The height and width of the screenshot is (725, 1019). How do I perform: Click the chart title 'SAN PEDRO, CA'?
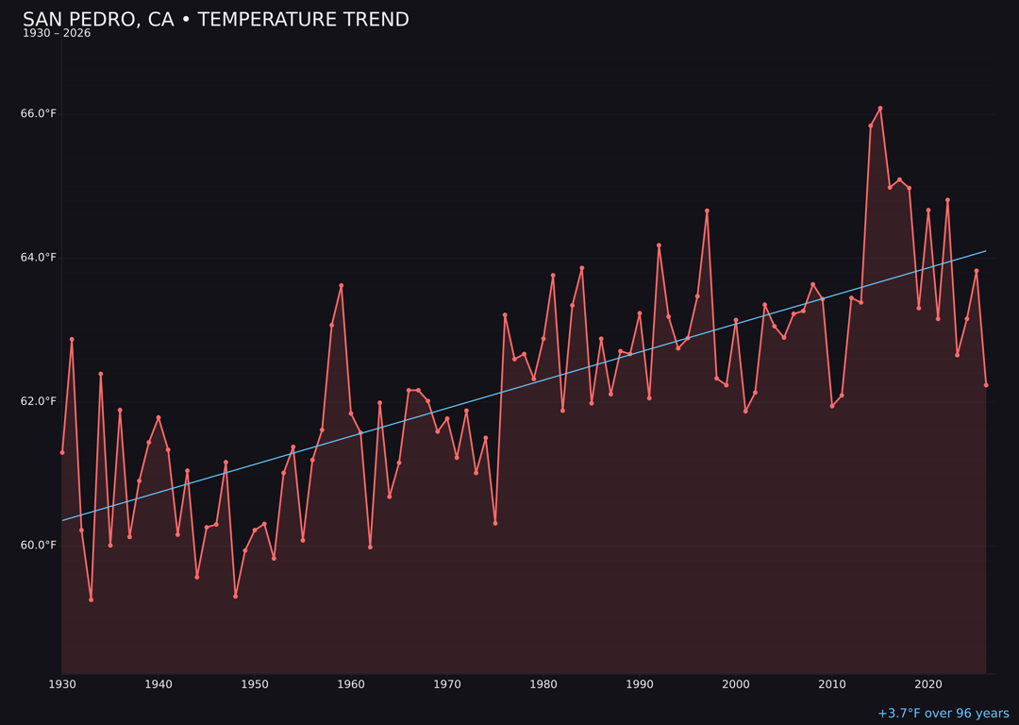tap(215, 20)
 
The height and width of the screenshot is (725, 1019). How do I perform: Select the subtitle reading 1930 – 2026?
tap(57, 34)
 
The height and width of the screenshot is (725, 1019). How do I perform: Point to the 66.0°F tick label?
tap(39, 114)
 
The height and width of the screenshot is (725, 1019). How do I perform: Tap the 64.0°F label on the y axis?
tap(39, 258)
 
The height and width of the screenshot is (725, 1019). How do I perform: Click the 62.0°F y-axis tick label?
tap(39, 401)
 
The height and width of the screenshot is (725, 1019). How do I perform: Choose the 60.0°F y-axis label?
tap(39, 546)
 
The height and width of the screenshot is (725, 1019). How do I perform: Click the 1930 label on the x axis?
tap(62, 684)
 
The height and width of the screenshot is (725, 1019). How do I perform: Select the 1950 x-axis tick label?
tap(255, 684)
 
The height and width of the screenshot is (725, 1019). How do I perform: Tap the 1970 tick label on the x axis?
tap(447, 684)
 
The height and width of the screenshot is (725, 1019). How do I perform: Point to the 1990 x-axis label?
tap(640, 684)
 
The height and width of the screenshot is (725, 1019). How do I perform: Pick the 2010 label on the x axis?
tap(832, 684)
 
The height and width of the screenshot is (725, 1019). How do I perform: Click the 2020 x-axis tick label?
tap(928, 684)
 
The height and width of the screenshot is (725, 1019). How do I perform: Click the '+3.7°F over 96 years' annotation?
tap(943, 714)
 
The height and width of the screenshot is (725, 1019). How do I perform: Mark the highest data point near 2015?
tap(880, 109)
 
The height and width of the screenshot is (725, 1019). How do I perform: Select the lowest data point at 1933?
tap(91, 599)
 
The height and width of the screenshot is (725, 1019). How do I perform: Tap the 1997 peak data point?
tap(707, 211)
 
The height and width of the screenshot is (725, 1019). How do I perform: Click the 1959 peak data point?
tap(342, 285)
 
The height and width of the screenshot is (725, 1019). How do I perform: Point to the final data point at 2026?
tap(986, 385)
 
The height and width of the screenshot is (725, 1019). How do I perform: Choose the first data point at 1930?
tap(62, 452)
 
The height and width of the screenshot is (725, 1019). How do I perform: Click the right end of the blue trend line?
tap(986, 251)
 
